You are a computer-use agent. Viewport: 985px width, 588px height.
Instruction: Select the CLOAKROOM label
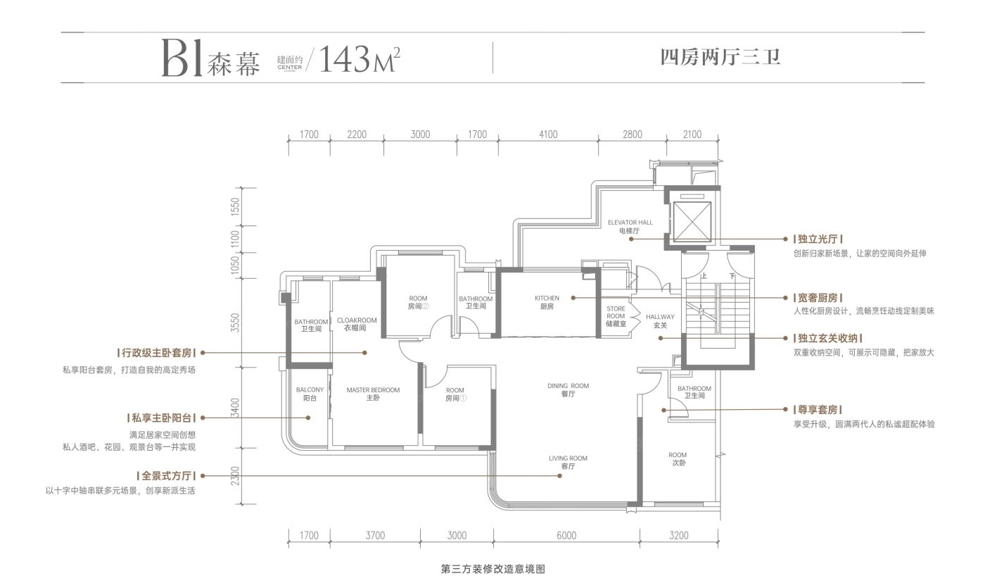[x=356, y=324]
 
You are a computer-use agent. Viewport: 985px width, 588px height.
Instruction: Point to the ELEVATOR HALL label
[x=631, y=226]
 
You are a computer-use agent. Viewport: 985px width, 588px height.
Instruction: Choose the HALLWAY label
[x=660, y=320]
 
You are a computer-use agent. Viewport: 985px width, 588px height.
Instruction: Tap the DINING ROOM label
[x=568, y=390]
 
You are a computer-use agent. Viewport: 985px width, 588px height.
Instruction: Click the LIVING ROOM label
[x=568, y=463]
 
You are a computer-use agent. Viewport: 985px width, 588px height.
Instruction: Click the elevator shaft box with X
[x=692, y=221]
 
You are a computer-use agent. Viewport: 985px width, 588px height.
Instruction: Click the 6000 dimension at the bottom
[x=566, y=536]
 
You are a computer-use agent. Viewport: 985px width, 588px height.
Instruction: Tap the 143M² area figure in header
[x=360, y=61]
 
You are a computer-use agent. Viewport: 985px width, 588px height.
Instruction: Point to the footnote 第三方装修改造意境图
[x=493, y=570]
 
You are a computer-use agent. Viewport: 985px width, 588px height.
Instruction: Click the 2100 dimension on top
[x=692, y=135]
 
